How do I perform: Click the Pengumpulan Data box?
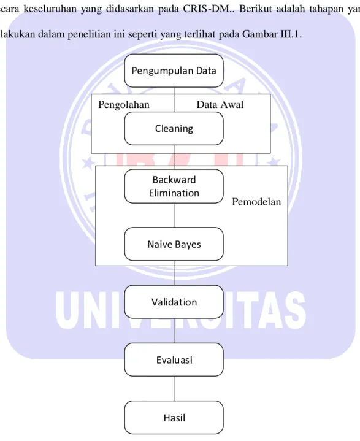point(174,71)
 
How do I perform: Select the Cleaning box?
point(174,129)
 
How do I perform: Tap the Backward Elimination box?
point(174,186)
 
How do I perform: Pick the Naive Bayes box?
point(174,244)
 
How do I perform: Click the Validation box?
point(174,302)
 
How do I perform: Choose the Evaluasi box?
point(174,359)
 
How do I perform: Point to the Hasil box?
point(174,418)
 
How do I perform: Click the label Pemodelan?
point(256,202)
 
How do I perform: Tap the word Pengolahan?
point(124,105)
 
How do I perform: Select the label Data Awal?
point(220,105)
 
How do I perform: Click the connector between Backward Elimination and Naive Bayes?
point(174,215)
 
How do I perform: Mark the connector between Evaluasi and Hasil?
point(174,389)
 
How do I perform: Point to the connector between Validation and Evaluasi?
point(174,331)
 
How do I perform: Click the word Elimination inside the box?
point(174,193)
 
